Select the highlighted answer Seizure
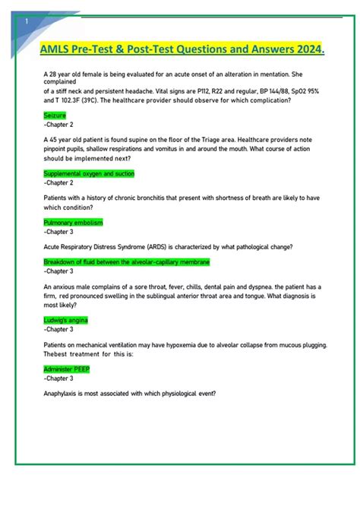coord(55,115)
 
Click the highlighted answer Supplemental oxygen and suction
coord(89,173)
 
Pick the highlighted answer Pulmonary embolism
coord(73,222)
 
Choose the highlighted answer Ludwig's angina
coord(66,320)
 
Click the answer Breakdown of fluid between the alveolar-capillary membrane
coord(127,261)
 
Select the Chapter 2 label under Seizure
coord(58,124)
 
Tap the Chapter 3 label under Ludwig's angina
coord(58,329)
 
